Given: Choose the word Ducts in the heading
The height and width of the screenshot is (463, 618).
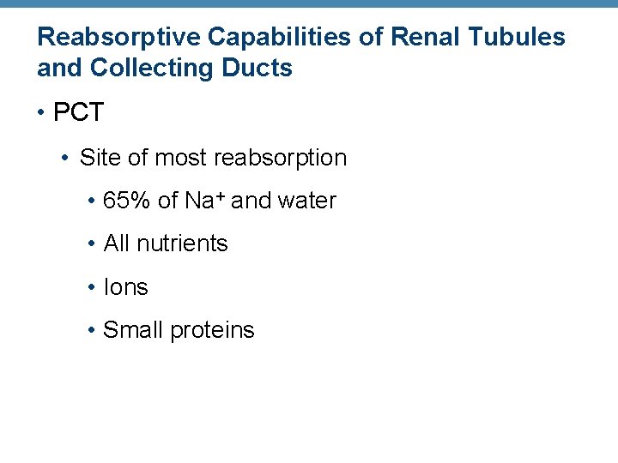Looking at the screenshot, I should coord(254,68).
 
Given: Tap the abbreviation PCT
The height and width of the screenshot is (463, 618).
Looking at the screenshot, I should coord(78,113).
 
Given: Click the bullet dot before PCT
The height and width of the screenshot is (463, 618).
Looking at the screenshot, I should coord(41,113).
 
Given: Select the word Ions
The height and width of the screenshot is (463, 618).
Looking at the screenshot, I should coord(125,287).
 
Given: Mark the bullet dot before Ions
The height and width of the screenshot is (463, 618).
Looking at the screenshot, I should coord(91,288).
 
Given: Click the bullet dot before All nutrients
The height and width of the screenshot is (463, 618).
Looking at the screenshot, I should coord(91,244).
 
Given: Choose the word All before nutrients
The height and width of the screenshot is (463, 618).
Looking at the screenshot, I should coord(116,244).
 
